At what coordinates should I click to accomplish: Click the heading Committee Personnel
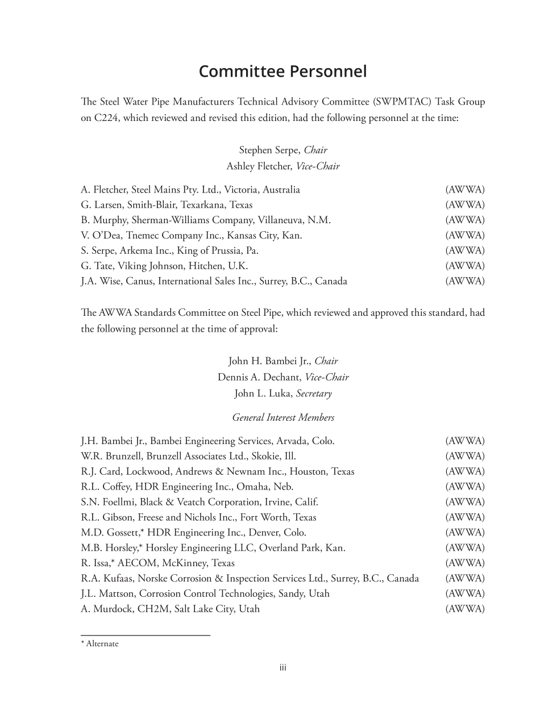click(x=283, y=72)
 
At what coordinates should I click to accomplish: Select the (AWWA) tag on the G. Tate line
click(x=465, y=266)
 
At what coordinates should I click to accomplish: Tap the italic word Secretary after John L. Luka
click(x=314, y=394)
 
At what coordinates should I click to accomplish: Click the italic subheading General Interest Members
click(x=283, y=418)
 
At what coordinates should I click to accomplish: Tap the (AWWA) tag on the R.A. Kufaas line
click(x=465, y=579)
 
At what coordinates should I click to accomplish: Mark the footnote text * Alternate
click(x=100, y=644)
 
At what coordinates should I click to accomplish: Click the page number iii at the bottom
click(x=283, y=668)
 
